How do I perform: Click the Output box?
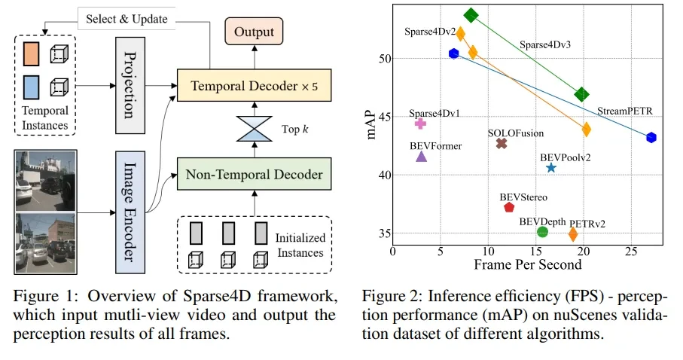point(254,32)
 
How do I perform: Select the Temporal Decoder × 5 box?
point(253,86)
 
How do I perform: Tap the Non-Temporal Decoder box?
point(253,175)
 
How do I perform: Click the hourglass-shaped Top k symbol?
point(254,130)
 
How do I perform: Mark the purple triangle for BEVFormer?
point(421,157)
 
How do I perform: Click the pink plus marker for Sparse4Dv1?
point(420,124)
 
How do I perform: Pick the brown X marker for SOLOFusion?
point(502,143)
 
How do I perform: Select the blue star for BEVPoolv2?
point(551,168)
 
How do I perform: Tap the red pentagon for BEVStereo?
point(509,207)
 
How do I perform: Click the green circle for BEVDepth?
point(542,231)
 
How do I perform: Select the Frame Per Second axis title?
point(527,265)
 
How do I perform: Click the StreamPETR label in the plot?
point(625,111)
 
